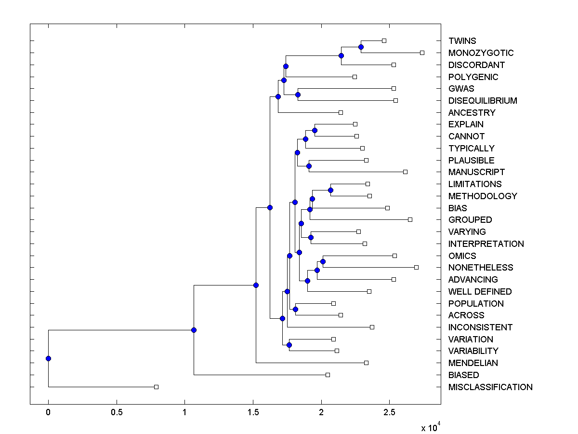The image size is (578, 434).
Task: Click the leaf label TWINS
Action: coord(462,41)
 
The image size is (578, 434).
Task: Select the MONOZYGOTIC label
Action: coord(481,53)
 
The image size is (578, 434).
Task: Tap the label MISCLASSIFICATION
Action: coord(490,387)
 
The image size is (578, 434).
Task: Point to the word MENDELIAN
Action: coord(473,363)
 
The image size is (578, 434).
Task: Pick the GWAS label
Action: coord(461,89)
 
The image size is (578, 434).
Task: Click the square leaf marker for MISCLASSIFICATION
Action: coord(156,387)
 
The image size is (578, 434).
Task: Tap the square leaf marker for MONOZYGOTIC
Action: coord(422,53)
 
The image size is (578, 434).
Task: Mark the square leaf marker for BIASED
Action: coord(328,375)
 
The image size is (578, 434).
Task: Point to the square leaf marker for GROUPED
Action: coord(410,219)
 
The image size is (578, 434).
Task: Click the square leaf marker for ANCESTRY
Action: coord(341,112)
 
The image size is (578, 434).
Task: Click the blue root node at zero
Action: coord(48,358)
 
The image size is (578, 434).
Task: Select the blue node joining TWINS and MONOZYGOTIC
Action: coord(361,47)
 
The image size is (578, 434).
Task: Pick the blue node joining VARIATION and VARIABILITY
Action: coord(289,345)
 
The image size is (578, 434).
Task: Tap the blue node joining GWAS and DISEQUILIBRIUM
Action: coord(298,95)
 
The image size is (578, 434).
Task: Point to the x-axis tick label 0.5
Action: coord(117,412)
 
